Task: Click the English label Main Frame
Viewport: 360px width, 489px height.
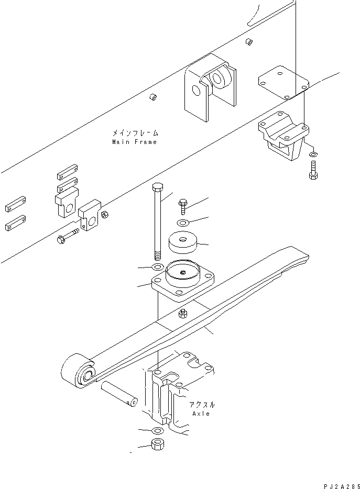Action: pyautogui.click(x=134, y=142)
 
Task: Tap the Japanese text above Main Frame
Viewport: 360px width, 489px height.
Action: pyautogui.click(x=134, y=133)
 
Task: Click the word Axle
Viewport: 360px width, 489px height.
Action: pyautogui.click(x=201, y=414)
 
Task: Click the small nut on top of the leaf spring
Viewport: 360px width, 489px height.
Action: pyautogui.click(x=183, y=314)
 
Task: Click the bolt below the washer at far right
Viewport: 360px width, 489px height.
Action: pyautogui.click(x=313, y=170)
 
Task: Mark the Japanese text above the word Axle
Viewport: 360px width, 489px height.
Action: pyautogui.click(x=201, y=404)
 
